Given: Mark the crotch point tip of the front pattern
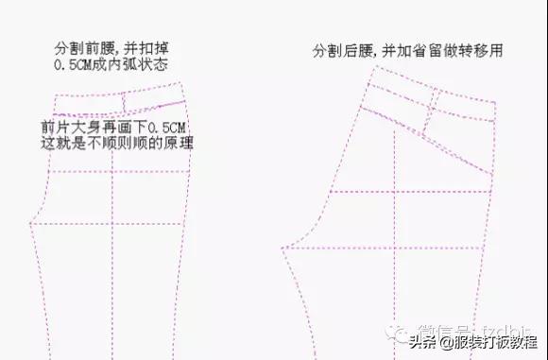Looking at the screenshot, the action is click(33, 225).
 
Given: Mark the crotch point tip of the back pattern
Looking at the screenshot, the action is click(283, 249).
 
